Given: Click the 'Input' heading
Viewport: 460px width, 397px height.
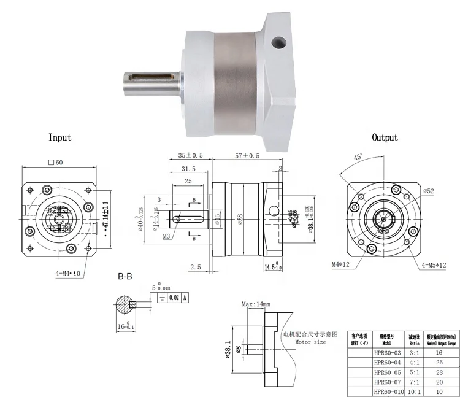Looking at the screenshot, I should (59, 138).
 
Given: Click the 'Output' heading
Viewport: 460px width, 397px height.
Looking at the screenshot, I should (385, 138).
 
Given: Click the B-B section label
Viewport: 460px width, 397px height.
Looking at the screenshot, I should (125, 277).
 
